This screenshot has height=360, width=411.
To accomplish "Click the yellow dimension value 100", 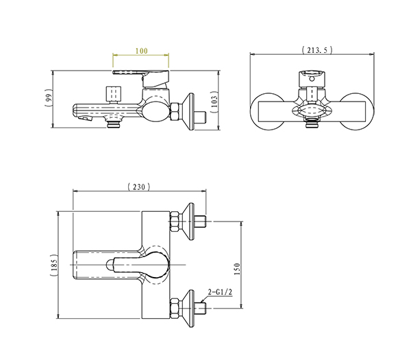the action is tap(141, 51).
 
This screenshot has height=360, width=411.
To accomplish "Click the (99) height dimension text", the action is tap(49, 98).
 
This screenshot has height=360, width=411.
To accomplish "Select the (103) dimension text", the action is tap(214, 101).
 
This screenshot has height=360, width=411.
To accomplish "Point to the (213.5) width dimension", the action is tap(317, 50).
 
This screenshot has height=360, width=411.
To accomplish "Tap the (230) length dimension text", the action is tap(139, 187).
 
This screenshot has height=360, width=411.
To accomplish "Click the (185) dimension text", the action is tap(53, 265).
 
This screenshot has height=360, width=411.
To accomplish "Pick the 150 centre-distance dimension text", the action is tap(237, 268).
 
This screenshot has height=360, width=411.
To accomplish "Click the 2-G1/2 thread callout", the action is tap(220, 292).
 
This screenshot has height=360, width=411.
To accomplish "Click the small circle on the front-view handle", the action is tap(312, 78).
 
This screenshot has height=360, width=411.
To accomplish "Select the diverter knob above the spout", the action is tap(114, 94).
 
